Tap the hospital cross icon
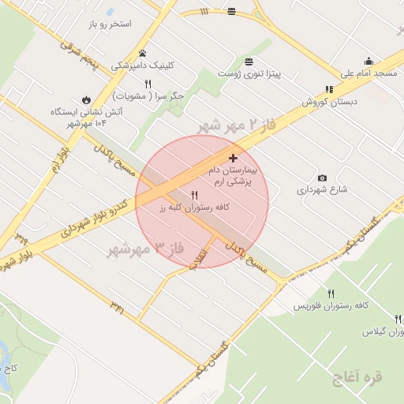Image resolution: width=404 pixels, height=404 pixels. [x=233, y=158]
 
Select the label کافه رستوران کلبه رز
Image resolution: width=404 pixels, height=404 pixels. [x=193, y=207]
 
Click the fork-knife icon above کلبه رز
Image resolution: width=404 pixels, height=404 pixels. [x=194, y=193]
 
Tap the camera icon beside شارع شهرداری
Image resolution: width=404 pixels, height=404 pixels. [x=322, y=178]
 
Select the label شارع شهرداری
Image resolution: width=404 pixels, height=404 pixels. [x=322, y=190]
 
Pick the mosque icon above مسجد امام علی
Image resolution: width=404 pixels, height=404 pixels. [x=368, y=61]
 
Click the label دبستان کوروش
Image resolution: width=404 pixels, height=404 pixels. [x=329, y=102]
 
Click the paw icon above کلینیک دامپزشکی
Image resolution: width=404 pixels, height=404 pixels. [x=143, y=53]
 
